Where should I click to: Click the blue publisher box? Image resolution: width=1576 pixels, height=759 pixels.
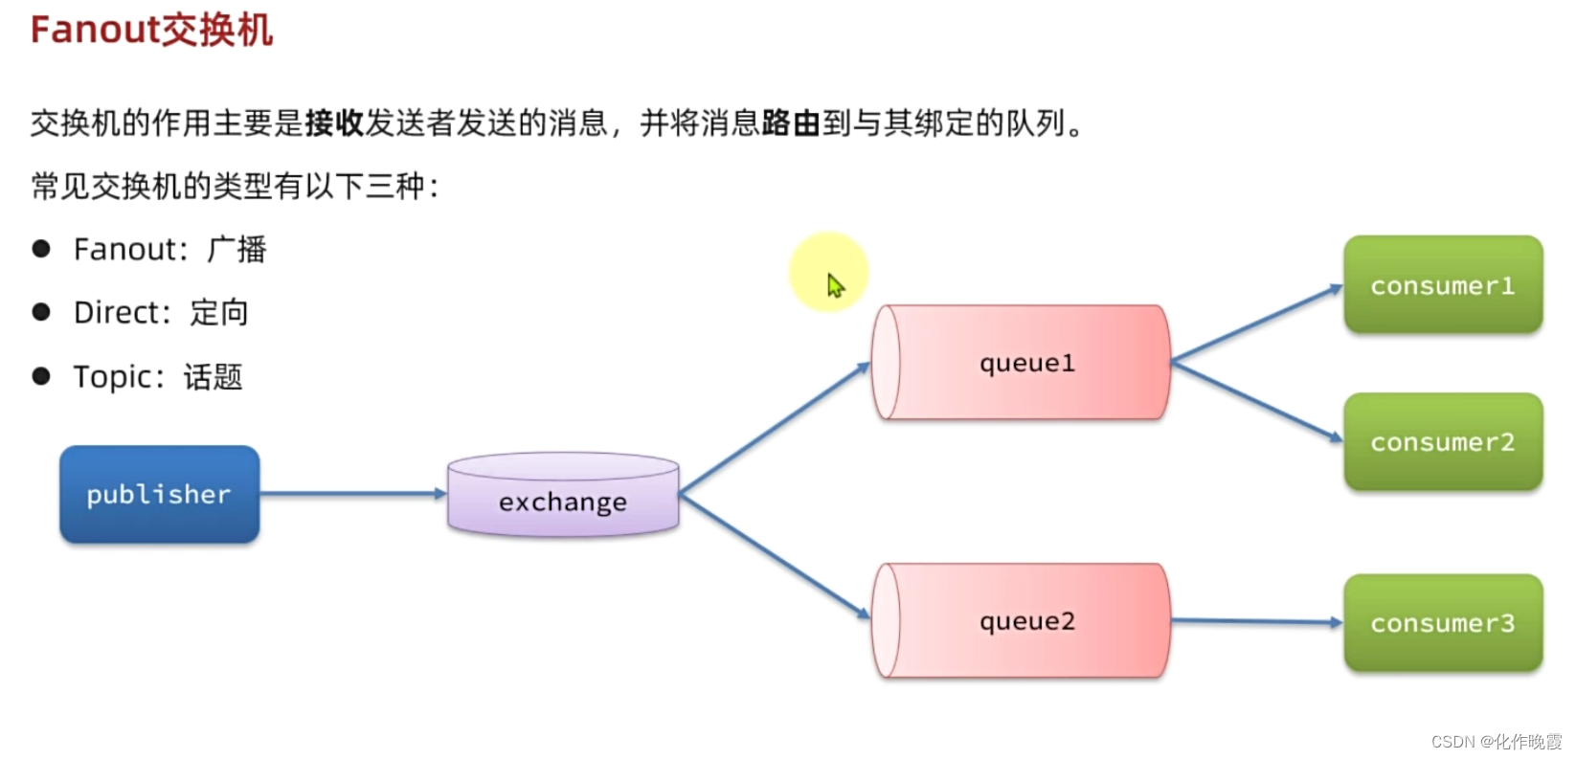click(x=159, y=494)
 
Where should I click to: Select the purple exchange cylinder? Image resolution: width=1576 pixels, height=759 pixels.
click(x=563, y=496)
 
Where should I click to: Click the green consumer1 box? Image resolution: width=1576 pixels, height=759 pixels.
click(x=1443, y=285)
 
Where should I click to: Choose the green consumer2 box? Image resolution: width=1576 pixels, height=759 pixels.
click(x=1443, y=442)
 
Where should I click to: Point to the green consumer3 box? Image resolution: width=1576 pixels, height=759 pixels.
click(x=1443, y=623)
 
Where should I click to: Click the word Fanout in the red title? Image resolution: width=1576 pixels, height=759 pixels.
click(x=94, y=30)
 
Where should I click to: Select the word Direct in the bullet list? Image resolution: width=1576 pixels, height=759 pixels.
click(x=116, y=313)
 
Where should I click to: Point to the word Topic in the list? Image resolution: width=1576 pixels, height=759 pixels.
click(x=112, y=377)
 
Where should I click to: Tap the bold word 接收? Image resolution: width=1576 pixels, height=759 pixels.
click(x=334, y=123)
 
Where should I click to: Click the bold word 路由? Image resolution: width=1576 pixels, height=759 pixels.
click(x=791, y=123)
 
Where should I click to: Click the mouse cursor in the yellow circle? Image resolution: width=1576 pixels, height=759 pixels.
click(x=835, y=284)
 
